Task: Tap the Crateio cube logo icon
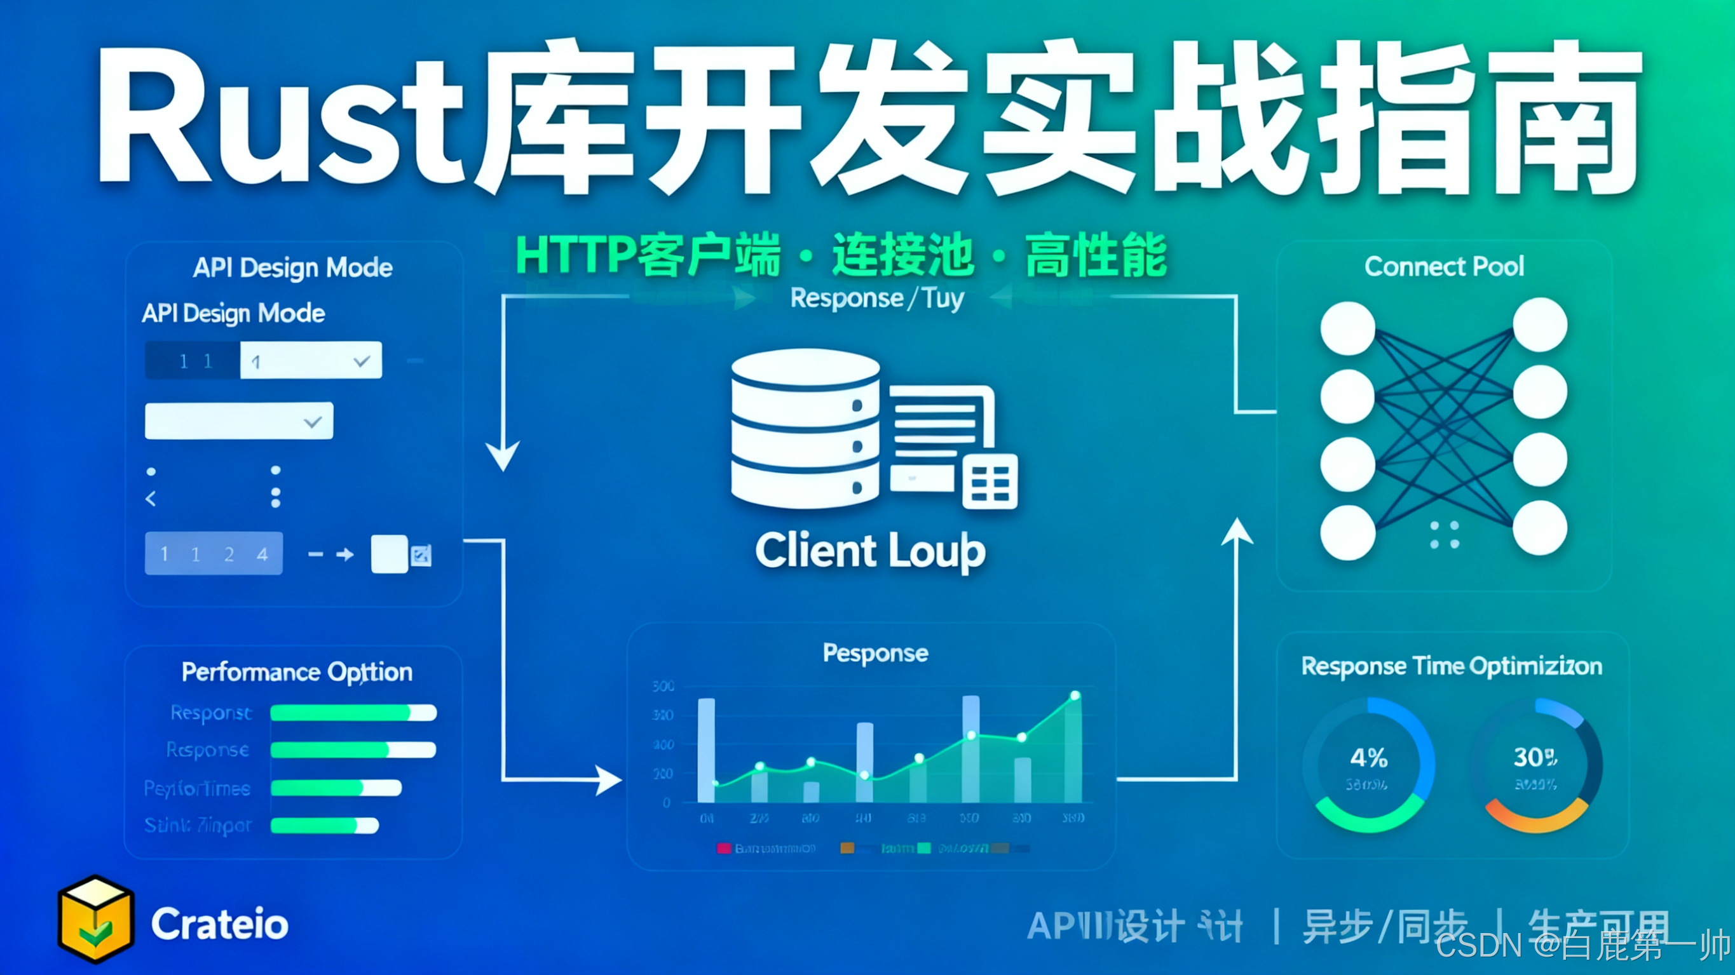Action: point(95,918)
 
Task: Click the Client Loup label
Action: point(870,551)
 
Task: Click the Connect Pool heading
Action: point(1444,267)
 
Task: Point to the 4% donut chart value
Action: point(1368,758)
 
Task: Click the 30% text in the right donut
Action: point(1535,758)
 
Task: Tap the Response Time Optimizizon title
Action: point(1452,666)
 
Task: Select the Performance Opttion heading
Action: point(297,672)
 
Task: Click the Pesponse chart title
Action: point(875,653)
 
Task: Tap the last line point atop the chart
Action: point(1075,696)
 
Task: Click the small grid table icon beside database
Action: point(990,481)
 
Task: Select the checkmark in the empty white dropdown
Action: point(313,422)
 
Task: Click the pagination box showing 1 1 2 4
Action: point(214,553)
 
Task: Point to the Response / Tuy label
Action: point(877,299)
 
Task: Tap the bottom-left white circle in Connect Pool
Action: point(1348,532)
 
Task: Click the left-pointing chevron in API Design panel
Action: point(151,498)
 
